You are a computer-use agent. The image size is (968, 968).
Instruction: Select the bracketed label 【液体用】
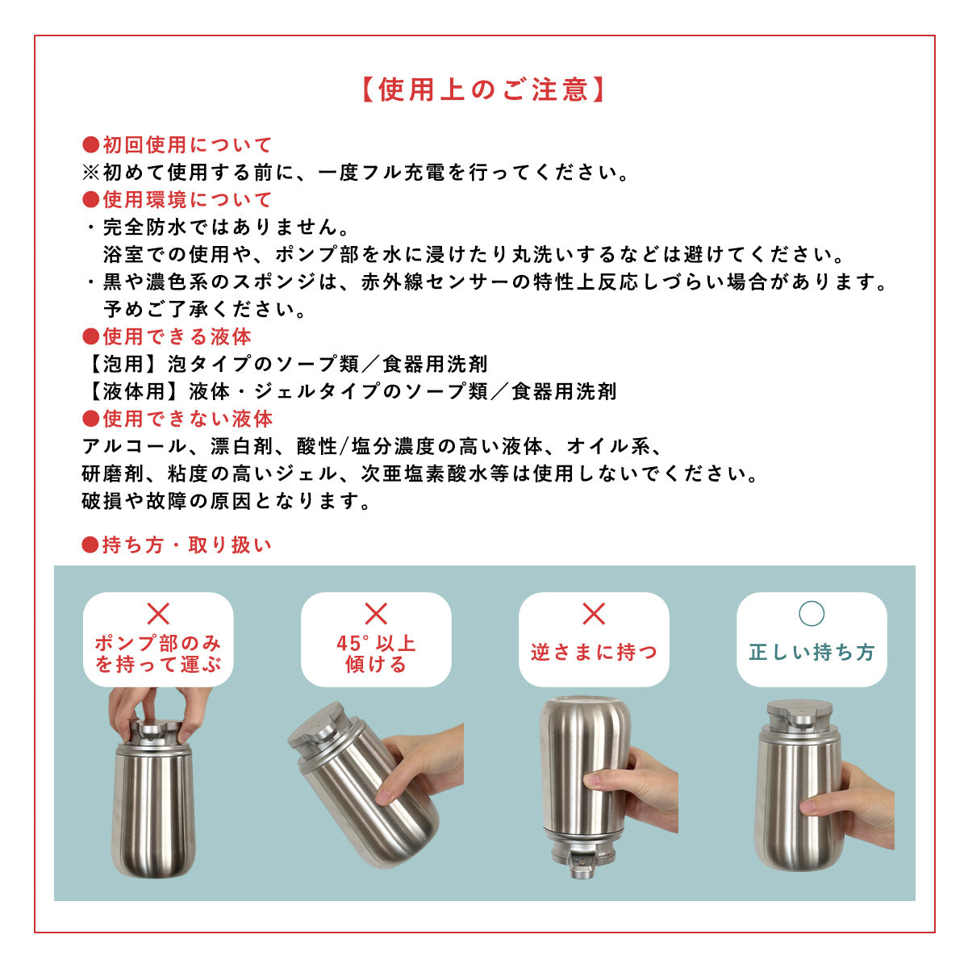coord(132,391)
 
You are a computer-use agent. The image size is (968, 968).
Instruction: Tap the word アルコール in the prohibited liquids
coord(134,446)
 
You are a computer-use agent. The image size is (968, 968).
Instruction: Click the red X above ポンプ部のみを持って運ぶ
coord(158,614)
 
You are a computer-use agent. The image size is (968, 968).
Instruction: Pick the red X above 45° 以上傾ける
coord(376,614)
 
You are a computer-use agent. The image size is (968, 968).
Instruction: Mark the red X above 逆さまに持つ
coord(594,614)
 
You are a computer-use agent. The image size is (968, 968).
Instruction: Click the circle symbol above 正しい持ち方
coord(812,614)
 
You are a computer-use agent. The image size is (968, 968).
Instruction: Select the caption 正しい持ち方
coord(812,652)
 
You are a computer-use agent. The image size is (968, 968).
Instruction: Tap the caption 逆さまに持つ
coord(594,652)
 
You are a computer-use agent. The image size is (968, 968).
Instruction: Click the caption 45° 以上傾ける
coord(376,654)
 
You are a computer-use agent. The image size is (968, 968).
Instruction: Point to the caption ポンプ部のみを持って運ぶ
coord(158,654)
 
